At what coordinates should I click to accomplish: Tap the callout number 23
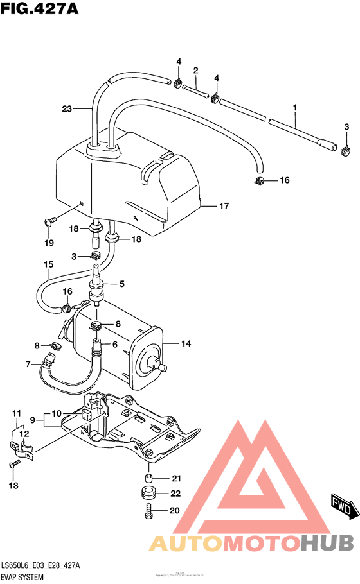pyautogui.click(x=67, y=108)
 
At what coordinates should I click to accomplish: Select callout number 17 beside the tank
pyautogui.click(x=224, y=206)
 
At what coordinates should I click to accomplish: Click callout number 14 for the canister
pyautogui.click(x=186, y=344)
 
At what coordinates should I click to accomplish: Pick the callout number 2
pyautogui.click(x=195, y=70)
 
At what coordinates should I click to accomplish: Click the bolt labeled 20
pyautogui.click(x=149, y=511)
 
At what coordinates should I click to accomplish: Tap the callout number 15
pyautogui.click(x=48, y=264)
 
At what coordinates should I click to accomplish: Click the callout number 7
pyautogui.click(x=28, y=365)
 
